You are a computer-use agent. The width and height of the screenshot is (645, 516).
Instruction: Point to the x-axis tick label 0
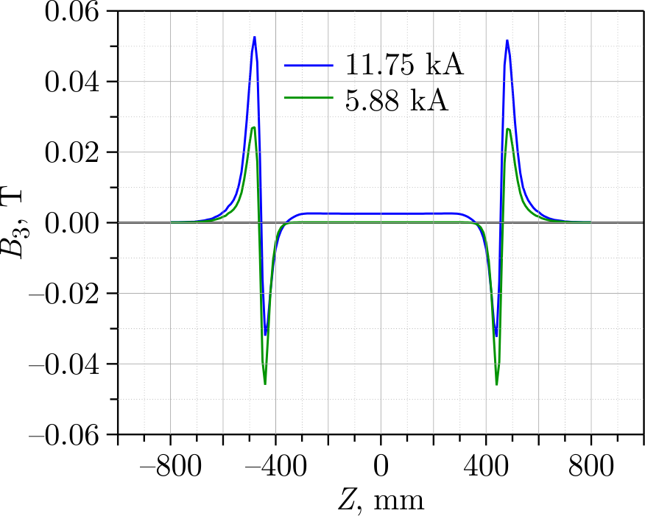pos(381,467)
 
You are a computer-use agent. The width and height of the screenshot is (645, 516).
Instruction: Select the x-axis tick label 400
pos(486,467)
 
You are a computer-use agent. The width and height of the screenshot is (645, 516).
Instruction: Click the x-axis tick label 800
pos(591,467)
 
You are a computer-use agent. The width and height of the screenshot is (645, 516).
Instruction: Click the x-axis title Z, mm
pos(381,501)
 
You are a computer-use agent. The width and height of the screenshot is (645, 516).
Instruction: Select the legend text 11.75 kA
pos(404,67)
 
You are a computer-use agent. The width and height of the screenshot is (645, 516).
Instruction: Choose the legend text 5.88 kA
pos(397,100)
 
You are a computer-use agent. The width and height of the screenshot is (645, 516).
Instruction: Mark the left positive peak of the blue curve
pos(255,37)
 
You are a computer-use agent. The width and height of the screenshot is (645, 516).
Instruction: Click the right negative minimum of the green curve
pos(496,384)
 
